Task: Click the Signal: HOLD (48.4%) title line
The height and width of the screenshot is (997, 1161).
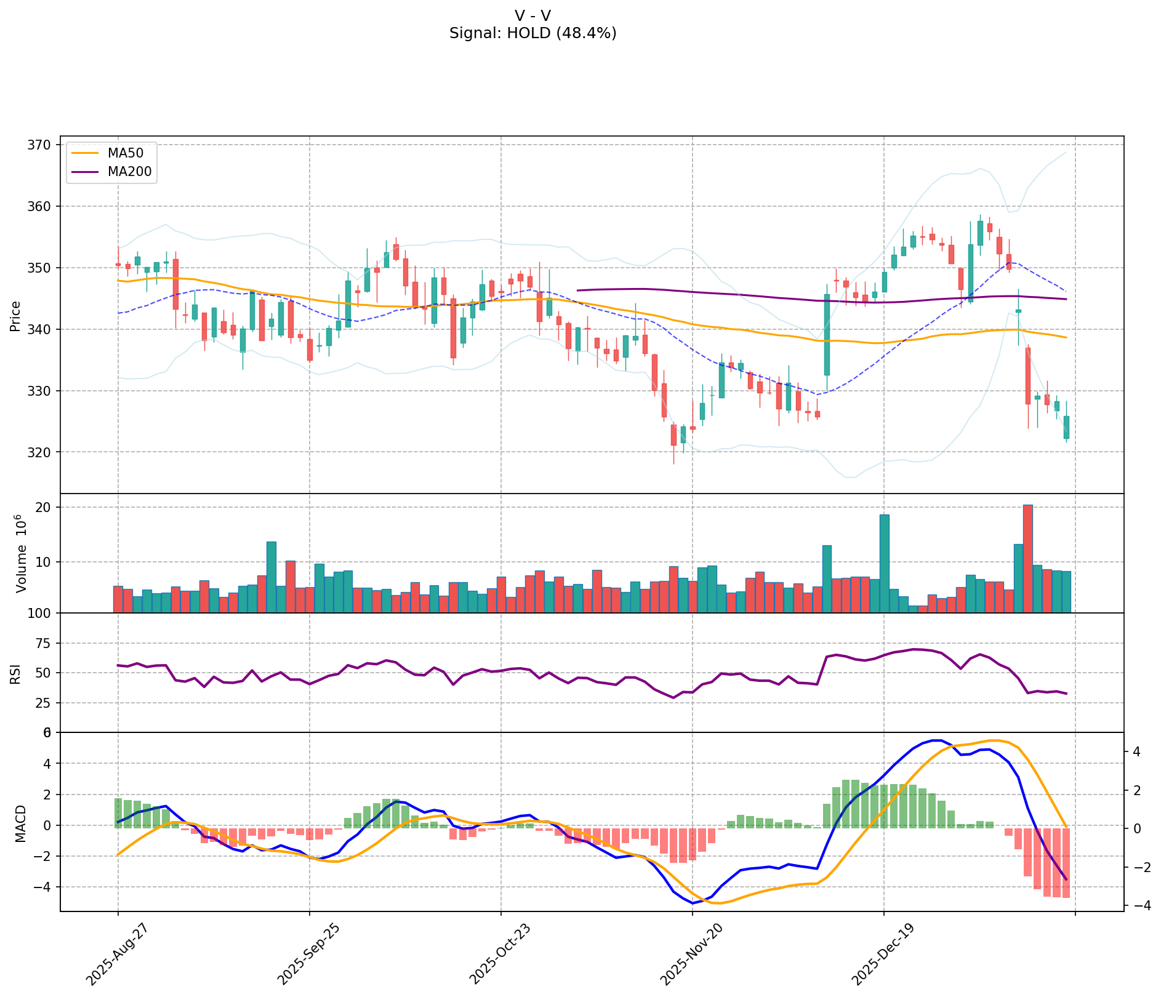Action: click(x=532, y=33)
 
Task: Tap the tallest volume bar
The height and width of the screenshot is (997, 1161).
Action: click(x=1027, y=558)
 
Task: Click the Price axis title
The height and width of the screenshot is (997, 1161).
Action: click(x=15, y=316)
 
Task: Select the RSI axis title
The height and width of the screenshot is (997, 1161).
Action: click(x=15, y=673)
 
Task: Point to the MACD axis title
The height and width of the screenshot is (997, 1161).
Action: click(x=20, y=823)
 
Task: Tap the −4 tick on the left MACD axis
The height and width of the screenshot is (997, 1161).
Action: click(x=42, y=887)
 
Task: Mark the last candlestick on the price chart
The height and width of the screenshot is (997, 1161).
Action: click(x=1066, y=427)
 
